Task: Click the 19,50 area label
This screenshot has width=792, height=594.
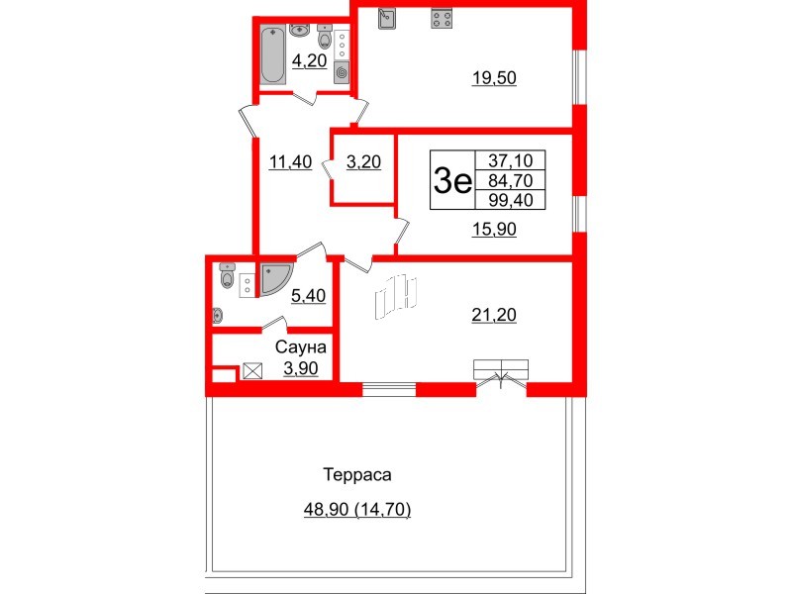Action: coord(494,78)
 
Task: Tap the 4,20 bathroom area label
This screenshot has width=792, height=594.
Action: coord(309,60)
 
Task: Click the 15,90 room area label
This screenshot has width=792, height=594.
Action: coord(493,229)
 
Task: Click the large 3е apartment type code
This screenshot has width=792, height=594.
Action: coord(452,180)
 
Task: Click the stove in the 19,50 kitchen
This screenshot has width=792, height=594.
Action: coord(440,19)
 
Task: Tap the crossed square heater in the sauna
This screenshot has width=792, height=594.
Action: coord(252,372)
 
